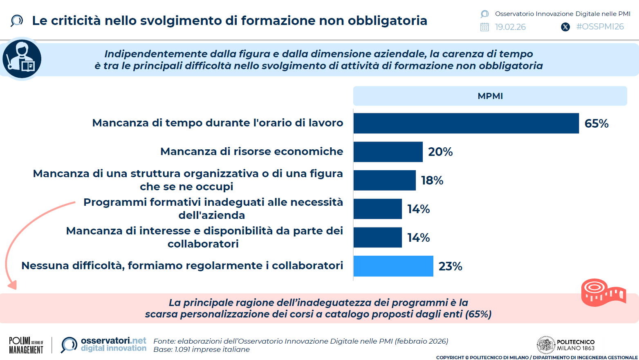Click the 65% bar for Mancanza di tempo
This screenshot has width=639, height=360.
(x=466, y=123)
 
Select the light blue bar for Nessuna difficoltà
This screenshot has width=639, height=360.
(x=393, y=266)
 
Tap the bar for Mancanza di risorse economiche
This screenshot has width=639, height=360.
(x=388, y=152)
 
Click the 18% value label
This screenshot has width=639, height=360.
(x=432, y=180)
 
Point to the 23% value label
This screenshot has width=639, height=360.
(x=450, y=266)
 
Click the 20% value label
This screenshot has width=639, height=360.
(x=440, y=152)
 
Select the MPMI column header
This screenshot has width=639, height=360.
(x=490, y=96)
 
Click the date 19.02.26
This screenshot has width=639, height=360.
(x=510, y=27)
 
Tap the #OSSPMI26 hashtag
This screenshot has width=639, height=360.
(x=600, y=27)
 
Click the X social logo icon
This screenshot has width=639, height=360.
(x=565, y=27)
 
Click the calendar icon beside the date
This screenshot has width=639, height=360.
(x=484, y=27)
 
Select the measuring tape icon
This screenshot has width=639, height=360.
(x=603, y=292)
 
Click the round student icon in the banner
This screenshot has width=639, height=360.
(x=22, y=59)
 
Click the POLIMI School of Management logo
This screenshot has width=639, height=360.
(x=26, y=345)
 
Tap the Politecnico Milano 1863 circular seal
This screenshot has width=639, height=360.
(x=545, y=345)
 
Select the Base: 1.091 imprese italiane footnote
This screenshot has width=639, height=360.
(x=202, y=349)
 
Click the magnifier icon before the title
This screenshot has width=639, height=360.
(x=17, y=20)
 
